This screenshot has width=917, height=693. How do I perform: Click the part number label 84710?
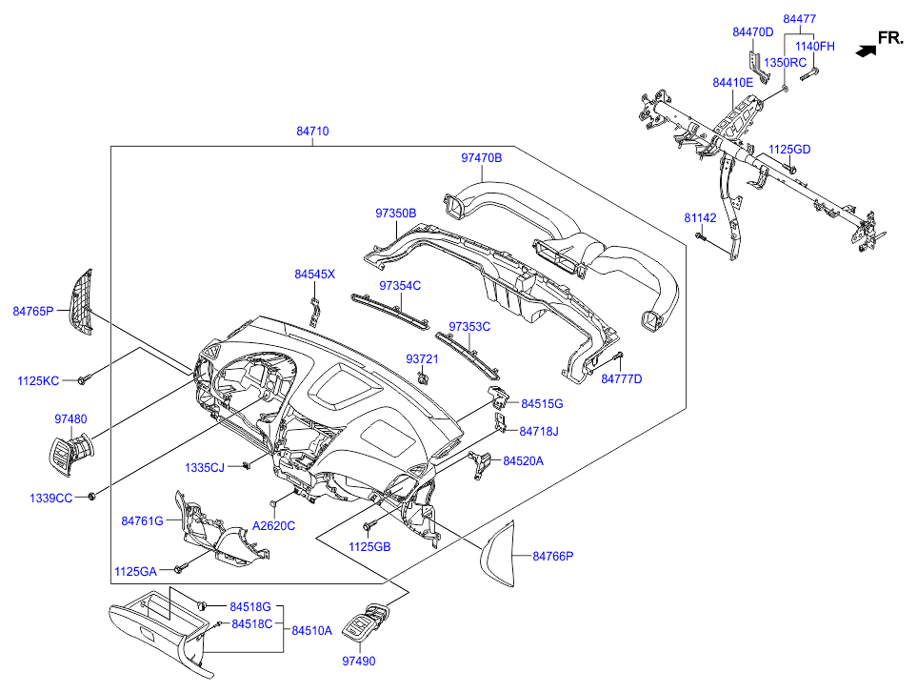pyautogui.click(x=312, y=132)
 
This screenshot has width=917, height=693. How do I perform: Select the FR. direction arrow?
pyautogui.click(x=866, y=51)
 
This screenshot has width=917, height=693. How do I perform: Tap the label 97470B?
pyautogui.click(x=481, y=157)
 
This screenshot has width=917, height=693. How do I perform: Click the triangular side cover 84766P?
pyautogui.click(x=498, y=553)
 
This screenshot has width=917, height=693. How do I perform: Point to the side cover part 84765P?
pyautogui.click(x=81, y=302)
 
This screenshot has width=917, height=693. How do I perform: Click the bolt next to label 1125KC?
pyautogui.click(x=84, y=379)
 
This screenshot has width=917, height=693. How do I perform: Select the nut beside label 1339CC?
pyautogui.click(x=91, y=497)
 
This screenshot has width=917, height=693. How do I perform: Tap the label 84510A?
pyautogui.click(x=311, y=630)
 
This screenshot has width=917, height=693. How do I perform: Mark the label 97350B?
pyautogui.click(x=396, y=214)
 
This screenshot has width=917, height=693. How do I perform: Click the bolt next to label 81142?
pyautogui.click(x=700, y=236)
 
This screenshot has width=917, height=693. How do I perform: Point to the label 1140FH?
pyautogui.click(x=815, y=47)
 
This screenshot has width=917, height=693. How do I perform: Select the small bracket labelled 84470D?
pyautogui.click(x=758, y=65)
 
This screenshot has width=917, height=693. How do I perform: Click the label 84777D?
pyautogui.click(x=622, y=378)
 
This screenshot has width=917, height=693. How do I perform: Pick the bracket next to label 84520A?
pyautogui.click(x=480, y=464)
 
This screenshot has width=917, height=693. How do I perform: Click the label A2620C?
pyautogui.click(x=273, y=525)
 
